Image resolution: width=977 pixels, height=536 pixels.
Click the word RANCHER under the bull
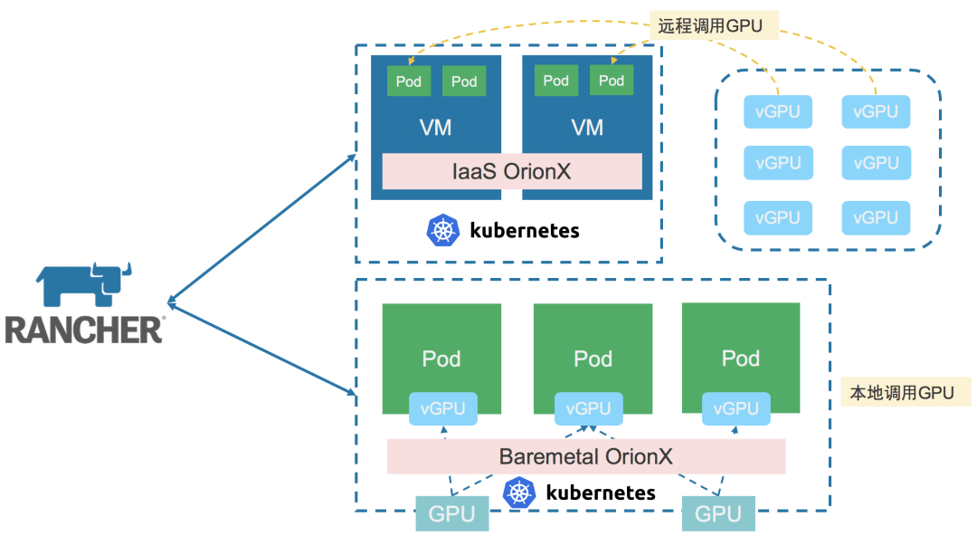(x=83, y=330)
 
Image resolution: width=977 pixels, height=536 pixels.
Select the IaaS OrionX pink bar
(x=511, y=171)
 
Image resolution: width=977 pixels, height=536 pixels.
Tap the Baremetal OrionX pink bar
(x=585, y=456)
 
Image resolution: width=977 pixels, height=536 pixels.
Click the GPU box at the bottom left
(x=452, y=514)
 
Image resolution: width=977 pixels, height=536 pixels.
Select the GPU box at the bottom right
(x=718, y=514)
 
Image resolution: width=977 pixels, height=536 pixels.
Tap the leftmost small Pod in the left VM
(x=409, y=81)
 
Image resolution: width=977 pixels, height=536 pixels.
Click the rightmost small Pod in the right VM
(x=612, y=81)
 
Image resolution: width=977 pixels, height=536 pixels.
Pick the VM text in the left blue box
(x=436, y=128)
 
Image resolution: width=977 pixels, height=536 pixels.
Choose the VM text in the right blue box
(x=587, y=128)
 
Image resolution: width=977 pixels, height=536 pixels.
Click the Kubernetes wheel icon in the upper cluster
(x=442, y=230)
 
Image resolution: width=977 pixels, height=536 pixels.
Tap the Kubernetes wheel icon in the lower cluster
(x=518, y=493)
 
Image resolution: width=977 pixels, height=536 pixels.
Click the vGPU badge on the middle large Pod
(x=589, y=408)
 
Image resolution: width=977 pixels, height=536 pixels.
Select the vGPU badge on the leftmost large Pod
(x=442, y=408)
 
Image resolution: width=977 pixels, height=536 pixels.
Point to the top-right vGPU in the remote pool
(x=876, y=112)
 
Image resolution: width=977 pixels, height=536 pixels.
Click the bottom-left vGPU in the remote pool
(x=778, y=217)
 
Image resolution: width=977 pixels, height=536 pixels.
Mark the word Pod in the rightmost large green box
(x=740, y=359)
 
